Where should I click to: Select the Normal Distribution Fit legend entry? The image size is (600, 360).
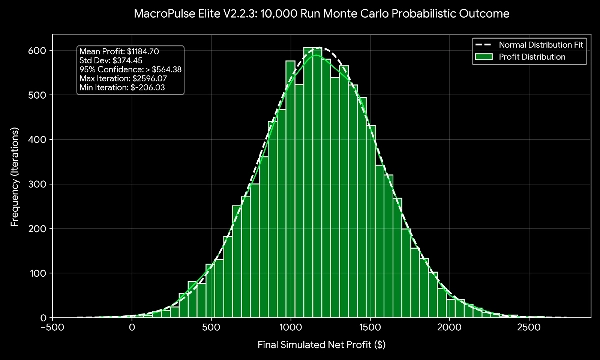pos(536,45)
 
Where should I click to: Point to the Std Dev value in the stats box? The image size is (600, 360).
pos(135,59)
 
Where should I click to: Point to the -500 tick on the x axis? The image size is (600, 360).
pos(52,325)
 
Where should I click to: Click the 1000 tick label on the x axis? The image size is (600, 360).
pos(291,325)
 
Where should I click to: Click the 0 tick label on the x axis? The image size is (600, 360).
pos(132,325)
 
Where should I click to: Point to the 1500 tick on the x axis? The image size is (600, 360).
pos(370,325)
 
